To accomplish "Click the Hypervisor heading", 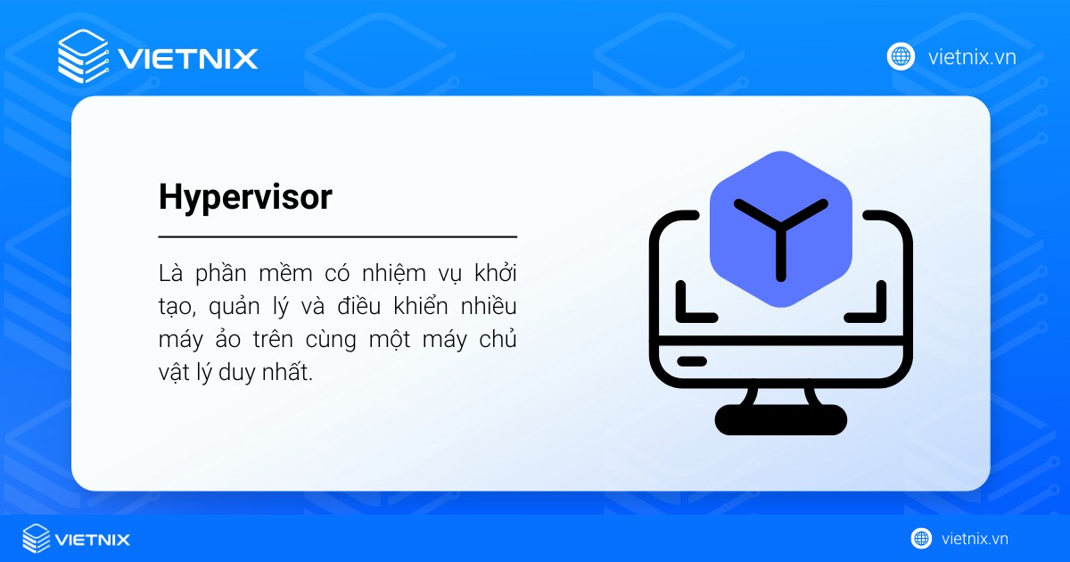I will click(245, 198).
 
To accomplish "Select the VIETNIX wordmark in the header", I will click(188, 58).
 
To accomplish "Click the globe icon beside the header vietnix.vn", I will click(901, 56).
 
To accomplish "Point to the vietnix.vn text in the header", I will click(972, 57).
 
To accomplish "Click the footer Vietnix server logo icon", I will click(37, 539).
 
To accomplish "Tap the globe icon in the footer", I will click(921, 539).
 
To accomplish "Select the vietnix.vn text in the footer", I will click(974, 539).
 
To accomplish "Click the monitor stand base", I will click(780, 419).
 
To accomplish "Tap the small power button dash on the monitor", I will click(691, 361).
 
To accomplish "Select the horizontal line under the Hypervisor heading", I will click(338, 237).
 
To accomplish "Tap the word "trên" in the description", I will click(282, 340).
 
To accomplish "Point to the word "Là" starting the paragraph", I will click(169, 271).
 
